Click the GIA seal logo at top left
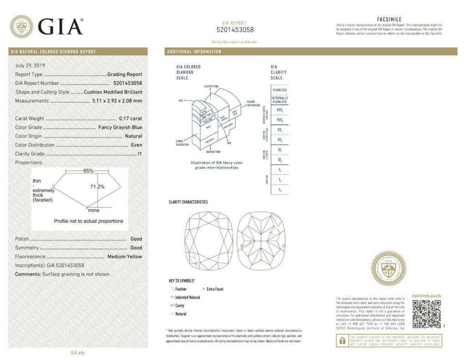pos(21,26)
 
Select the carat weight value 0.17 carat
pos(130,119)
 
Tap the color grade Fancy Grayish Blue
pos(120,127)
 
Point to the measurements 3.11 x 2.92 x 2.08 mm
pos(117,101)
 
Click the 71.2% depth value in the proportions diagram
pos(97,187)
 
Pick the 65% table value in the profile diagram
pos(88,171)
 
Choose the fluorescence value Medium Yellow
pos(124,257)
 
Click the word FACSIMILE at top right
pos(389,20)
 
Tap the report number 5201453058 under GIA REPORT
pos(235,30)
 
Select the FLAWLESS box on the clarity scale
pos(279,90)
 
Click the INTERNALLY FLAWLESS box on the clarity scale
pos(279,100)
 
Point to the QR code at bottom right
pos(426,314)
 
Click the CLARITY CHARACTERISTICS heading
pos(188,202)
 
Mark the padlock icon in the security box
pos(341,340)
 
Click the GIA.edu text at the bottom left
pos(77,353)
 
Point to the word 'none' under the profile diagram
pos(94,210)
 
